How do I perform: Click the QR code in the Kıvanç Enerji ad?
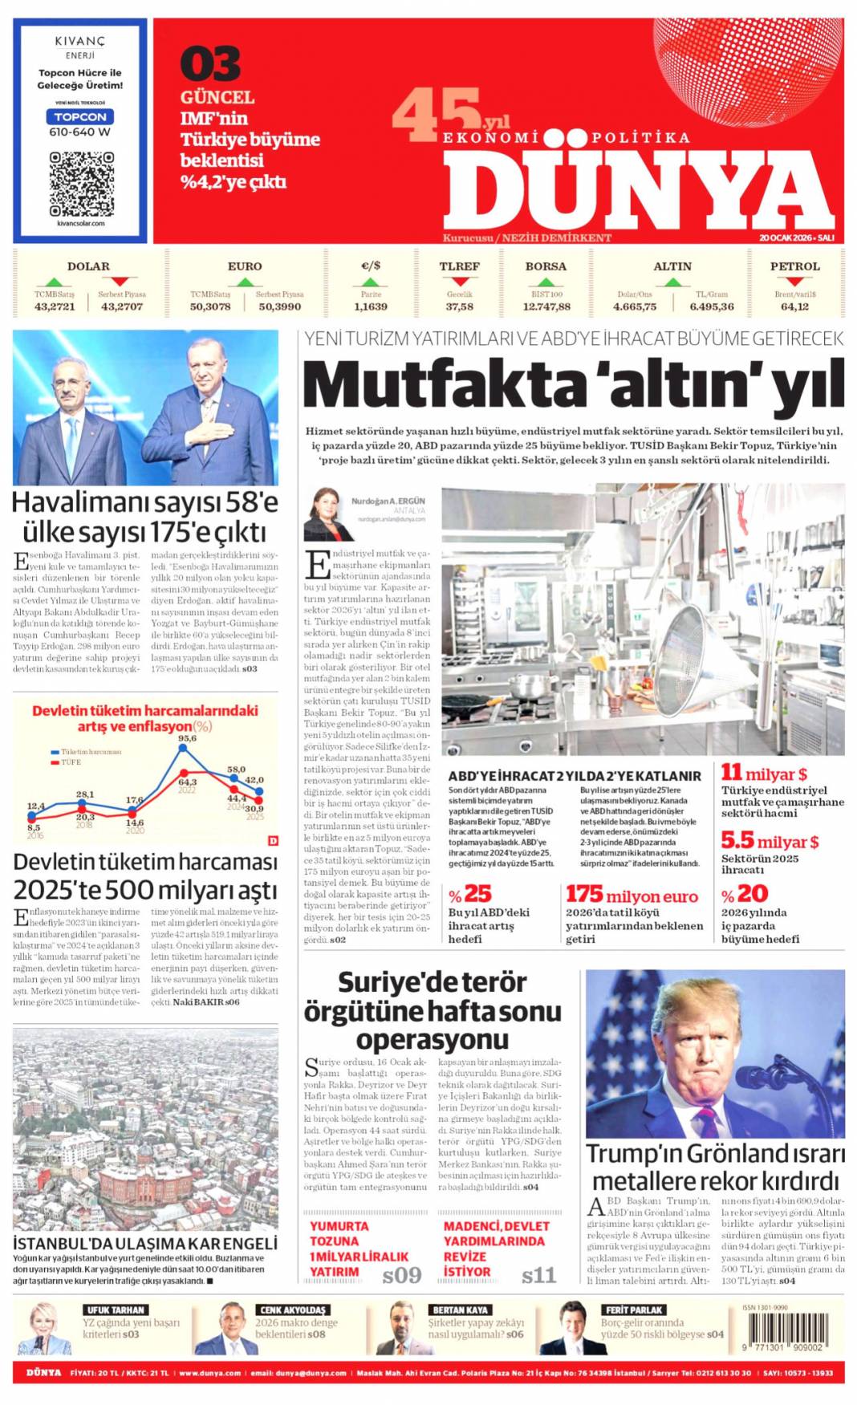tap(81, 184)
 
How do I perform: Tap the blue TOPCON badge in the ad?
tap(80, 117)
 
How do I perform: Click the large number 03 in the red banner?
tap(209, 65)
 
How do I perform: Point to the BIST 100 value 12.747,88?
tap(546, 307)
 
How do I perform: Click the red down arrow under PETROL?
tap(794, 282)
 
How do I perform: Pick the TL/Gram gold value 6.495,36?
tap(711, 307)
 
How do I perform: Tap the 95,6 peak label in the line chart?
tap(187, 738)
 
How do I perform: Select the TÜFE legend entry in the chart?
tap(71, 761)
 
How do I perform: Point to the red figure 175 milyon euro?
tap(632, 895)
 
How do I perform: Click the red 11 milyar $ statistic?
tap(764, 774)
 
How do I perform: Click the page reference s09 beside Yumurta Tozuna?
tap(401, 1275)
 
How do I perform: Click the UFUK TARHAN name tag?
tap(116, 1310)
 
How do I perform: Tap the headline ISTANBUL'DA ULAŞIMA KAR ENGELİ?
tap(145, 1243)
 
